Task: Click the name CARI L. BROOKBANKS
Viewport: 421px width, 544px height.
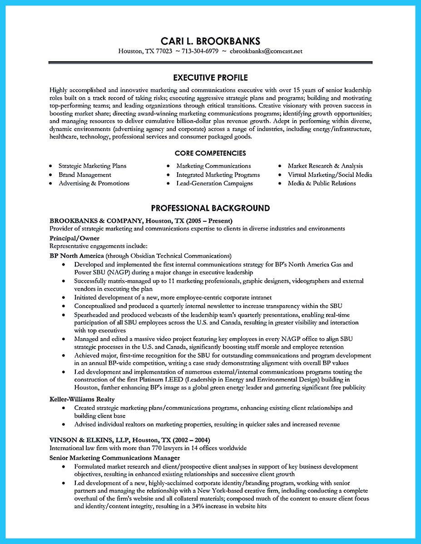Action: (x=210, y=40)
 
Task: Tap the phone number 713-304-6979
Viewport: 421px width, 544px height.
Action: (x=201, y=51)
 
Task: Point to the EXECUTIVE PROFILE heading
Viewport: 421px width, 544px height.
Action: (x=210, y=78)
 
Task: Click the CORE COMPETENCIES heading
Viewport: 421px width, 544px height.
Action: (x=210, y=153)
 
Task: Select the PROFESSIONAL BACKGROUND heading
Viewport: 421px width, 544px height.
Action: (x=210, y=208)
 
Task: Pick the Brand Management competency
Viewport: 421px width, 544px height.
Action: (x=84, y=175)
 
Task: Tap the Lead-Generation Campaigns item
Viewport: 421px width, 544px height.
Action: (x=214, y=183)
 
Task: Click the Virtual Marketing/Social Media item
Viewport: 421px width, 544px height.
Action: (x=330, y=175)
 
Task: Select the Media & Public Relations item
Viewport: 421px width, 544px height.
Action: (x=322, y=183)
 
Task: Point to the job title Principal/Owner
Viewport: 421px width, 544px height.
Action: (x=74, y=238)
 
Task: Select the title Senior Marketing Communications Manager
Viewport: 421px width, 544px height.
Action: (x=114, y=457)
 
